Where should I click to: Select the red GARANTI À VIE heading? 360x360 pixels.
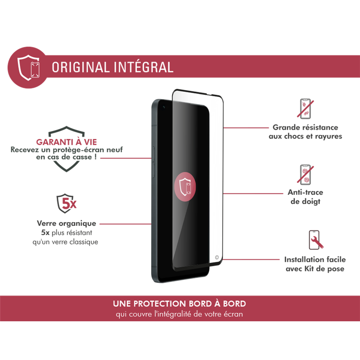click(x=67, y=141)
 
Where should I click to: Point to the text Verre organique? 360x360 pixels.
click(x=66, y=223)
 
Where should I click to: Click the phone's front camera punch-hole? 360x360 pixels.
click(x=164, y=108)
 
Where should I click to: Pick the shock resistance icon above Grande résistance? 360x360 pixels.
click(x=306, y=108)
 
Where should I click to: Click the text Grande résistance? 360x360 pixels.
click(x=306, y=128)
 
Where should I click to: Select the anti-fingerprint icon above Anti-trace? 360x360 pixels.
click(x=306, y=175)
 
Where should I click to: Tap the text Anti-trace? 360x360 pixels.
click(x=306, y=193)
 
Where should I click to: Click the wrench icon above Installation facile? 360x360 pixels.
click(x=315, y=240)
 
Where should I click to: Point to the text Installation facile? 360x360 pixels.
click(x=315, y=260)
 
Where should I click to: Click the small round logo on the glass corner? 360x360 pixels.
click(x=217, y=259)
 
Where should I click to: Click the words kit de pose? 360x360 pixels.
click(x=324, y=269)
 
